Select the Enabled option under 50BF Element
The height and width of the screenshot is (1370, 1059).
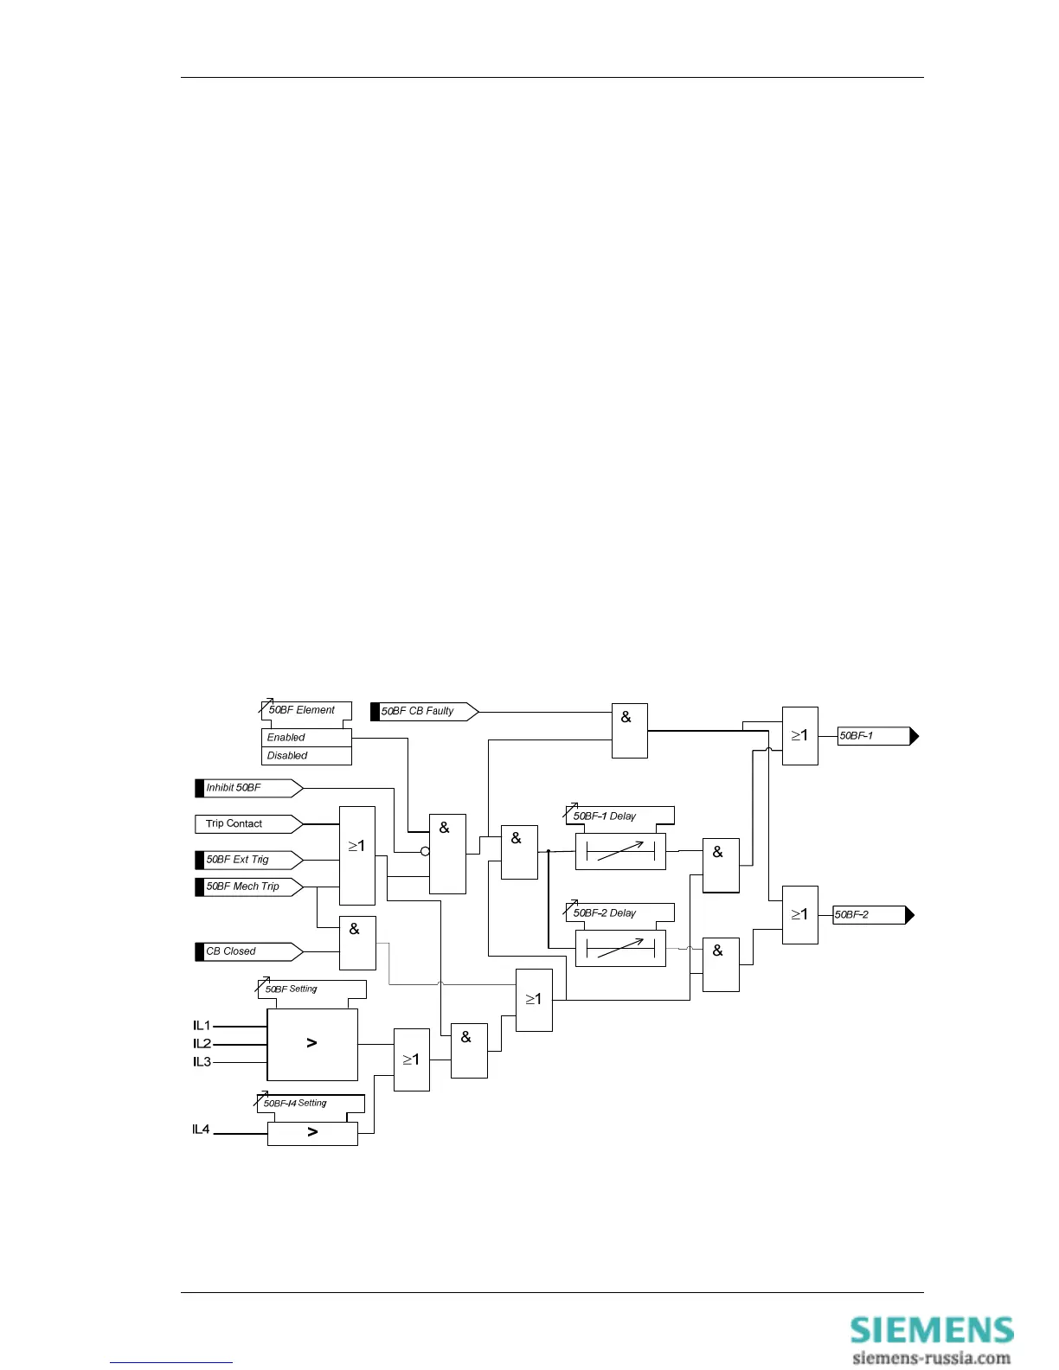point(306,738)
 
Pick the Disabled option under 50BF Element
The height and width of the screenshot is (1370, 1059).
point(306,756)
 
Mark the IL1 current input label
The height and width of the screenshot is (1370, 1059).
point(202,1026)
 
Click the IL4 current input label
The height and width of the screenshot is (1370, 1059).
point(201,1130)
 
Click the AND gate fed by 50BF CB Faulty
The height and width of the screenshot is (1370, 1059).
point(629,731)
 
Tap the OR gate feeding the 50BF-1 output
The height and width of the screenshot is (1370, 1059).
point(799,736)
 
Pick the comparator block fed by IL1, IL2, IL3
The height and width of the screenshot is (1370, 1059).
point(311,1044)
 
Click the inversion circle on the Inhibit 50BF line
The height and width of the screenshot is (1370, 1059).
point(425,852)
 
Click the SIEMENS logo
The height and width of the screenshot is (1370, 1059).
point(931,1330)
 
